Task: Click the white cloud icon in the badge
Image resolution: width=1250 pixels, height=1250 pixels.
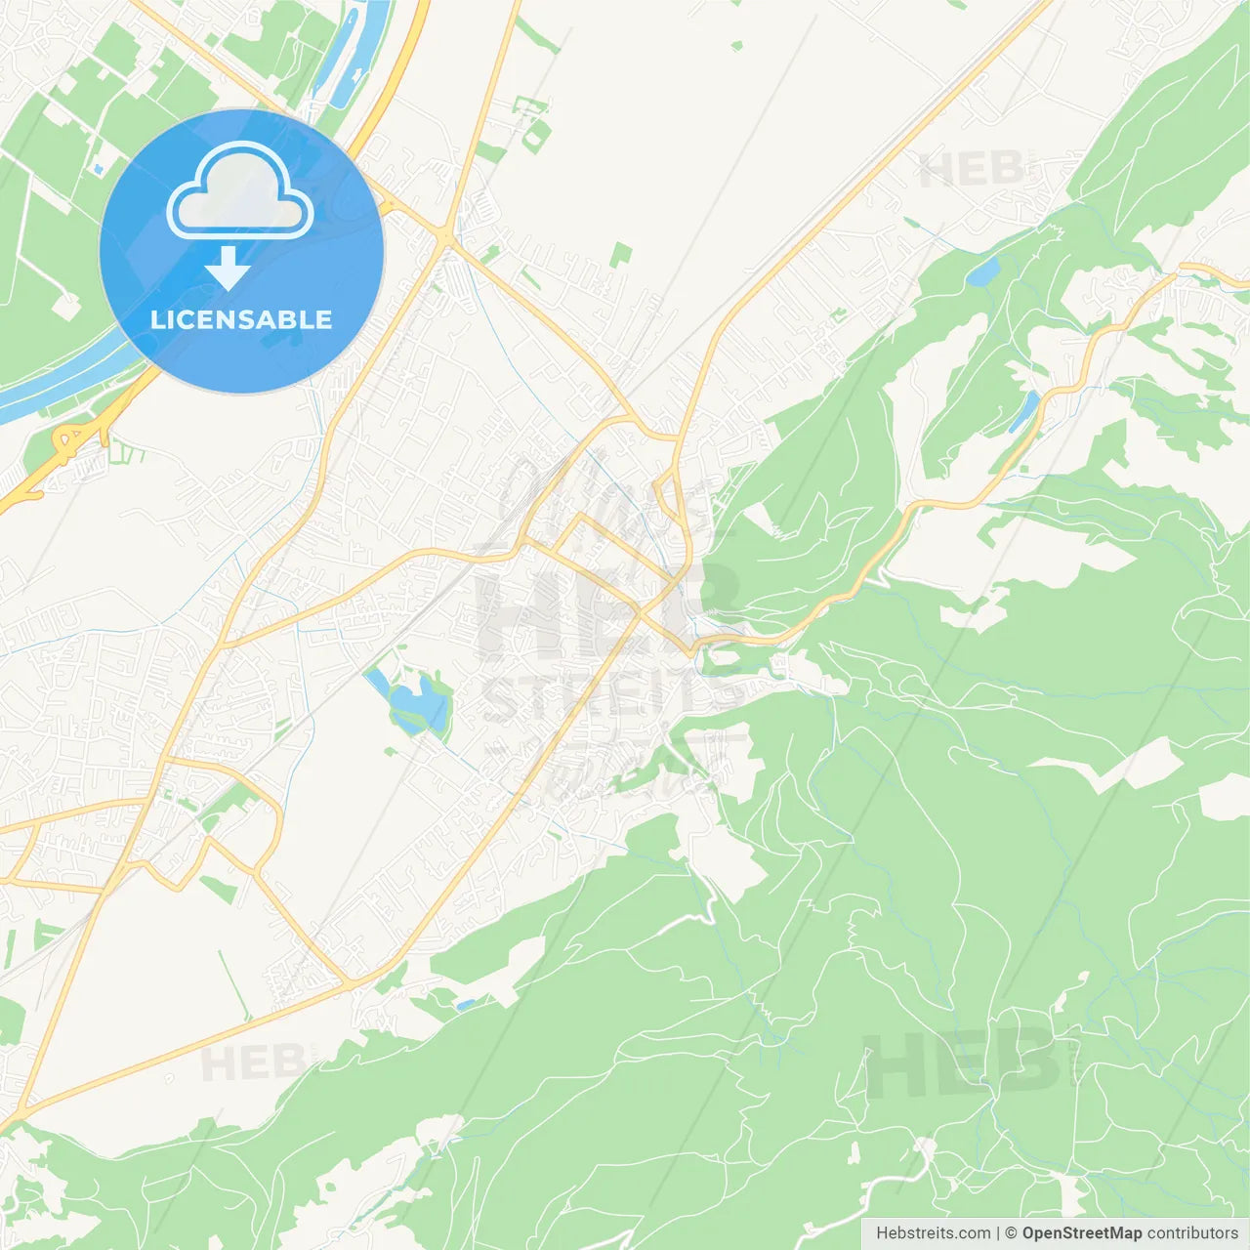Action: (x=240, y=192)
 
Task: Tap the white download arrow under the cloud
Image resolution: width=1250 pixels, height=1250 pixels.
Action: (x=229, y=269)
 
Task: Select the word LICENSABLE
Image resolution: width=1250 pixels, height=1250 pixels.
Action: (x=241, y=319)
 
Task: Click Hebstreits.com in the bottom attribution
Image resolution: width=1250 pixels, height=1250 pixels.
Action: (x=933, y=1233)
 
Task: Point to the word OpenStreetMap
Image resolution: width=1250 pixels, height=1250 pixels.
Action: (x=1081, y=1233)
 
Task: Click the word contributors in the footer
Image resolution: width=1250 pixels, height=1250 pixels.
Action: (x=1191, y=1233)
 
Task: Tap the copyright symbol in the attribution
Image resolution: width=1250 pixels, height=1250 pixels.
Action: (x=1011, y=1233)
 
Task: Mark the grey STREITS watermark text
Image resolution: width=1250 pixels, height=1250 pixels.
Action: (x=605, y=695)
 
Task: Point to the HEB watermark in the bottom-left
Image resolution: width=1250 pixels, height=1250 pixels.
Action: (x=252, y=1062)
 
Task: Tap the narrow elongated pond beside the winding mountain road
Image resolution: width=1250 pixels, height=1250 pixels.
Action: (x=1023, y=411)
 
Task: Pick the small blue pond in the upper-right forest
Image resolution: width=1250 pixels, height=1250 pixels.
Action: (x=982, y=271)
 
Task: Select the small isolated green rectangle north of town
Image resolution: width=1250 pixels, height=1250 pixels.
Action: (x=620, y=256)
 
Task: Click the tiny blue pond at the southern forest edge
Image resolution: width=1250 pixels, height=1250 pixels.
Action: (x=465, y=1004)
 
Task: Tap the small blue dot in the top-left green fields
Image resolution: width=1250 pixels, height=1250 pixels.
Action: (x=98, y=170)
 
